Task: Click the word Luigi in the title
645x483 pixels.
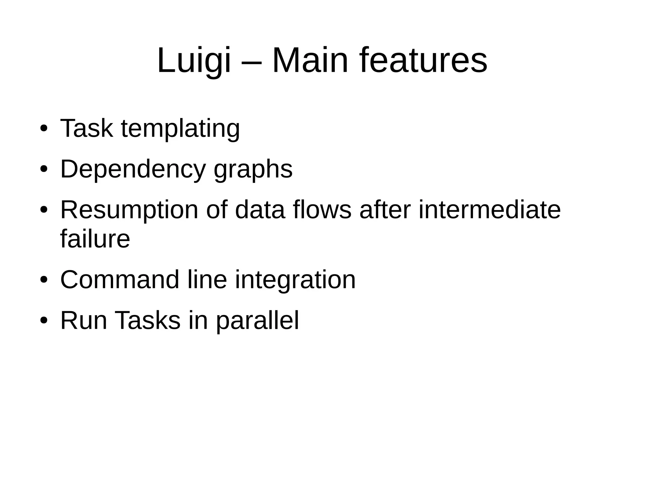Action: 194,60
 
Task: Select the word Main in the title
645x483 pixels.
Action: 310,60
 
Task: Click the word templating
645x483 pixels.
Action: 180,129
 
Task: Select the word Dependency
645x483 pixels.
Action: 133,170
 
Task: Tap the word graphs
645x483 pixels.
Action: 253,170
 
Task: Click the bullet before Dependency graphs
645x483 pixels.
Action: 44,169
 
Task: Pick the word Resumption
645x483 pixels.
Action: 129,210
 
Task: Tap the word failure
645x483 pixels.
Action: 95,239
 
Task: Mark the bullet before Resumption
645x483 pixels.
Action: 44,210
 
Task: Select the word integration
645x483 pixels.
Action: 295,280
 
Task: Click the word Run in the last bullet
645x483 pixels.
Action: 83,321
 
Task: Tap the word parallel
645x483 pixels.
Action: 257,321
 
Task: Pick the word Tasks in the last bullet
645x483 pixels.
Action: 148,321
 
